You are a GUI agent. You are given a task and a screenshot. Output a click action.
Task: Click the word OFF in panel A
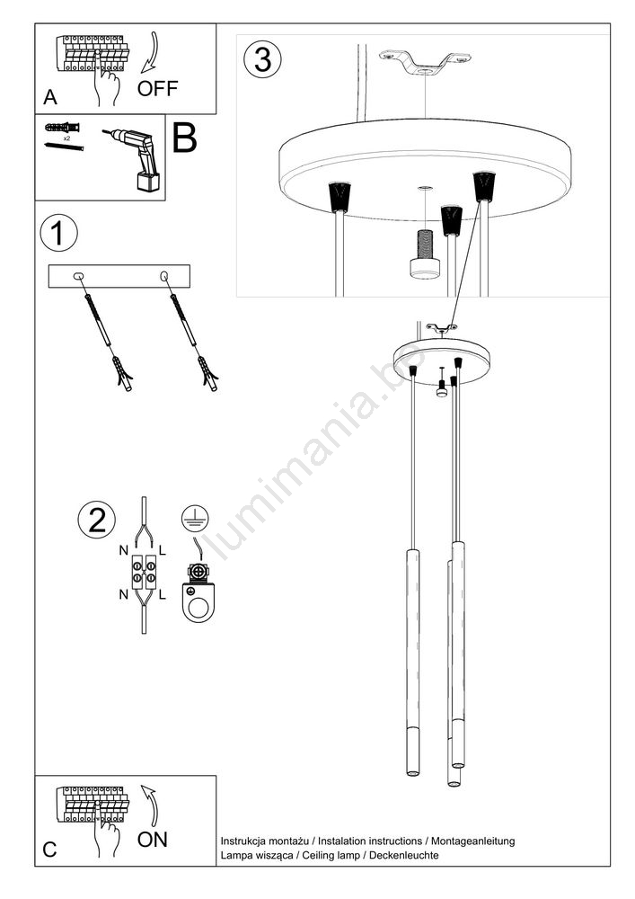click(x=157, y=88)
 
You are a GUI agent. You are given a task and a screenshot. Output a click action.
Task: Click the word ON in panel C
click(x=153, y=840)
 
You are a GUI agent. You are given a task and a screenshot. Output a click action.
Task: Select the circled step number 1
click(x=58, y=234)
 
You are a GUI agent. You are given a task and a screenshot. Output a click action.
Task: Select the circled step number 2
click(x=96, y=520)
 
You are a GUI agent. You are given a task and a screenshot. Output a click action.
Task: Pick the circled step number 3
click(x=263, y=59)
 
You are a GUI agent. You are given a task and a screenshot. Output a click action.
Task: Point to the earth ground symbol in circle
click(x=195, y=519)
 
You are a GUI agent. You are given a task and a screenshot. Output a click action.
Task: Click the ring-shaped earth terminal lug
click(x=198, y=602)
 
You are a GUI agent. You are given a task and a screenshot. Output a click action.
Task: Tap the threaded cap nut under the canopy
click(x=424, y=255)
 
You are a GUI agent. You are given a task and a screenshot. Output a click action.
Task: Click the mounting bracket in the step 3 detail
click(x=424, y=62)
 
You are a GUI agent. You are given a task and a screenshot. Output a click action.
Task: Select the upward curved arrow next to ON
click(x=150, y=805)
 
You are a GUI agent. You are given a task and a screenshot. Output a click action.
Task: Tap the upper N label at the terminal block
click(x=123, y=550)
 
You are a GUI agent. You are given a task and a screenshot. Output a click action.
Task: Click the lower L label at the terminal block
click(x=162, y=594)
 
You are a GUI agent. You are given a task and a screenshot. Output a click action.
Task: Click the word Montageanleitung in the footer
click(x=473, y=841)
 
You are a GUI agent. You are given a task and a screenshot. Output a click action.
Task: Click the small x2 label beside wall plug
click(x=66, y=138)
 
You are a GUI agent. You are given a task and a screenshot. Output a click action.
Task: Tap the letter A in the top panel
click(x=50, y=97)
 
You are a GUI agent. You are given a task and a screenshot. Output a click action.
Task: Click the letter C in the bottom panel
click(x=49, y=850)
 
